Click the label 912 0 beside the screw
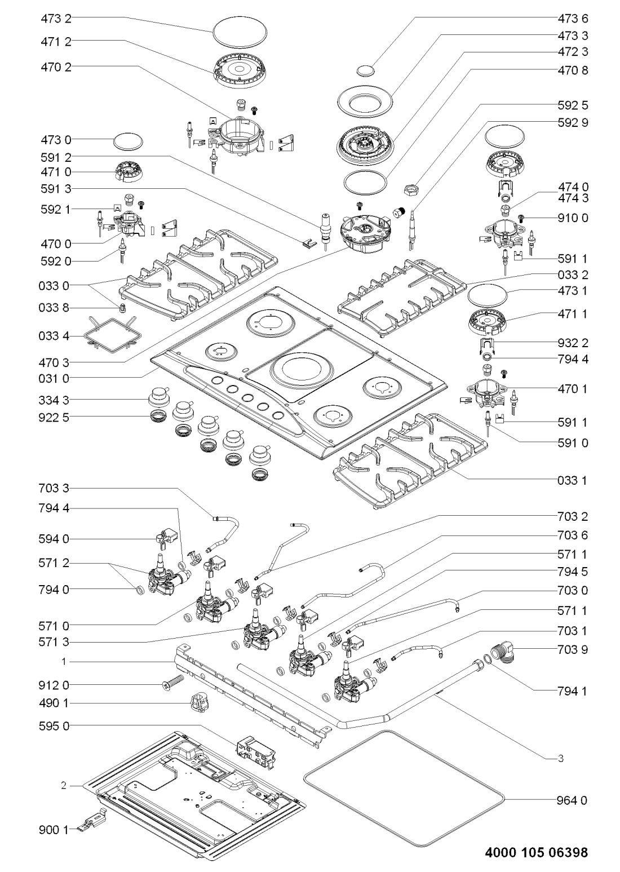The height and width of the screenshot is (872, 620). [55, 685]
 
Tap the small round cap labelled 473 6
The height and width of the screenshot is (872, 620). [365, 70]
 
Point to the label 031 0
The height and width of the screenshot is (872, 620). [55, 377]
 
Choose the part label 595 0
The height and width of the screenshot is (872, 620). [55, 725]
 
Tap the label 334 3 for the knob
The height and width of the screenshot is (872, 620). [55, 400]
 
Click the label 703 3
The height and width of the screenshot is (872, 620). [55, 488]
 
